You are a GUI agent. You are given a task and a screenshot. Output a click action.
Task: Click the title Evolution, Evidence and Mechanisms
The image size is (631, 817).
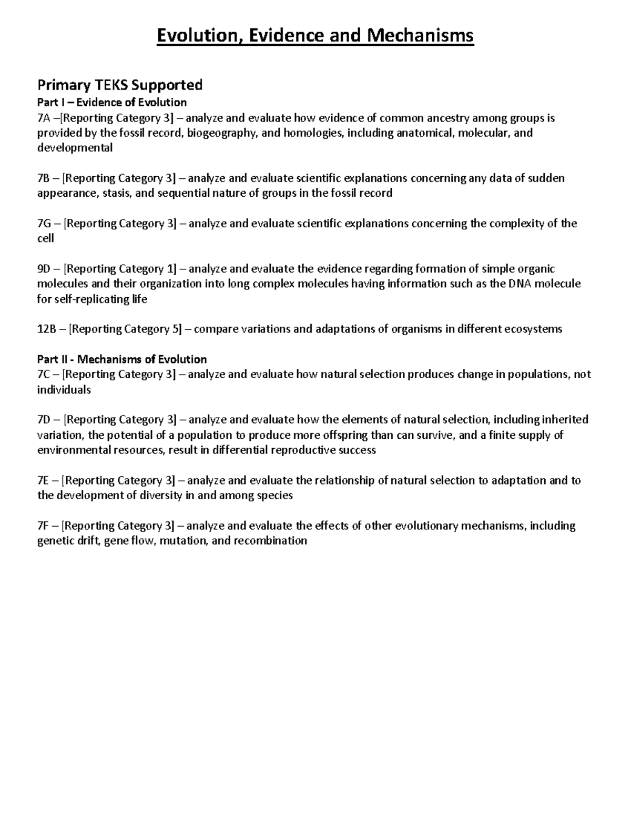[315, 36]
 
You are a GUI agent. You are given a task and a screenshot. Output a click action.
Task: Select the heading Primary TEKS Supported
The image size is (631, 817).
[119, 85]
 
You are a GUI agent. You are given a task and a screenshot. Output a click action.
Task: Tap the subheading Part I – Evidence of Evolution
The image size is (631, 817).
[112, 102]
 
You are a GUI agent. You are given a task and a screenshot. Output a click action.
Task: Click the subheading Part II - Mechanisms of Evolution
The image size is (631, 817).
[122, 359]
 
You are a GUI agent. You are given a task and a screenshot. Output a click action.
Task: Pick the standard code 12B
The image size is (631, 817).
[47, 329]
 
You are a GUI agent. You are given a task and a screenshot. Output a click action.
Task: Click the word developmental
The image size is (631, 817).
[75, 148]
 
